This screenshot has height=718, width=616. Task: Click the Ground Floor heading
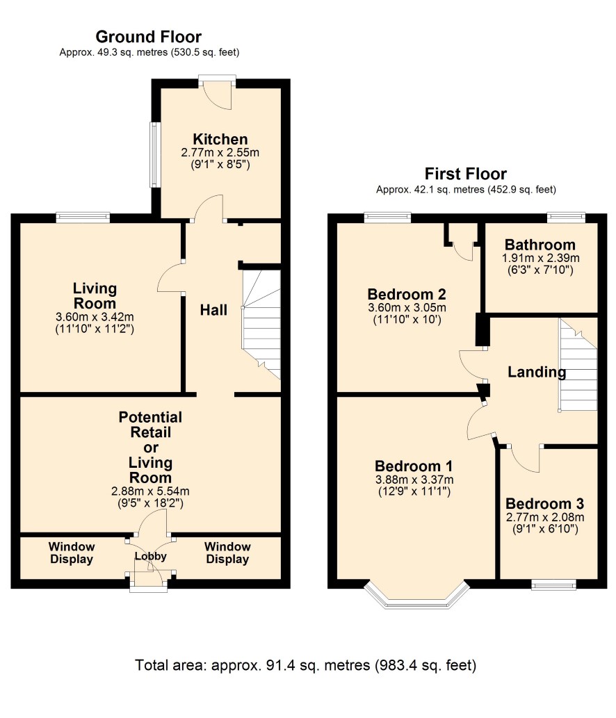pos(148,37)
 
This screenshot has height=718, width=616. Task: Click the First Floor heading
pos(465,174)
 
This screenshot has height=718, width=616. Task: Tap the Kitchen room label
pos(220,139)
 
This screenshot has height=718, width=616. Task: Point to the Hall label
pos(213,310)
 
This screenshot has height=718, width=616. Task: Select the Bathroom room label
pos(540,245)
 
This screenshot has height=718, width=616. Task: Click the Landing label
pos(537,372)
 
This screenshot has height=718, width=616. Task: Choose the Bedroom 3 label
pos(544,504)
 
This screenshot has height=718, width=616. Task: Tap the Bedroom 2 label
pos(407,294)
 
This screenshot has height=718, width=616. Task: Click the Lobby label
pos(150,556)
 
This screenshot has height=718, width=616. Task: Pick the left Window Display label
pos(72,553)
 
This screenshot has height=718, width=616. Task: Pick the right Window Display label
pos(227,553)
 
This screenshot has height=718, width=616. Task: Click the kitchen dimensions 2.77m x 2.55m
pos(220,152)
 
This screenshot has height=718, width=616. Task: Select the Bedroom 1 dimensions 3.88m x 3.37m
pos(414,480)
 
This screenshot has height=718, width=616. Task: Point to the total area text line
pos(305,665)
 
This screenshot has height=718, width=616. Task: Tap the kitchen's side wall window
pos(155,154)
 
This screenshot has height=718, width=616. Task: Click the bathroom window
pos(567,217)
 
